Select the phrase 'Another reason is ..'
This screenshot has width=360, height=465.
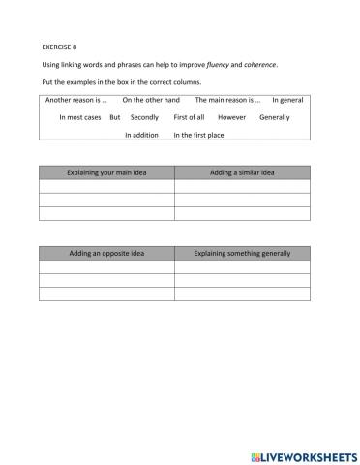coord(76,99)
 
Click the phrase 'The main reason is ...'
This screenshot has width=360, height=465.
coord(228,99)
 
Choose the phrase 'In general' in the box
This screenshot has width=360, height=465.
coord(288,99)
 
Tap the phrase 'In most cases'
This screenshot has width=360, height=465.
coord(79,117)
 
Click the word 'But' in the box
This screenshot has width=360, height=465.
coord(114,117)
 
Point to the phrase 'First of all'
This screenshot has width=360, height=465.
coord(189,117)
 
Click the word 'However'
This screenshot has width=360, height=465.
coord(232,117)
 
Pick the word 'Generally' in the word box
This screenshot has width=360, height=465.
coord(275,117)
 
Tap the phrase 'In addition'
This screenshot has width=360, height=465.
coord(141,135)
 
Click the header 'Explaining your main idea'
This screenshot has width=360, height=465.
coord(106,172)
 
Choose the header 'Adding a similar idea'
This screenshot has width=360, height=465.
coord(242,172)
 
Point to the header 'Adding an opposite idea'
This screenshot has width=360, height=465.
coord(106,253)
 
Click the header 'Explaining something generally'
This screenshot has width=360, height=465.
coord(242,253)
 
